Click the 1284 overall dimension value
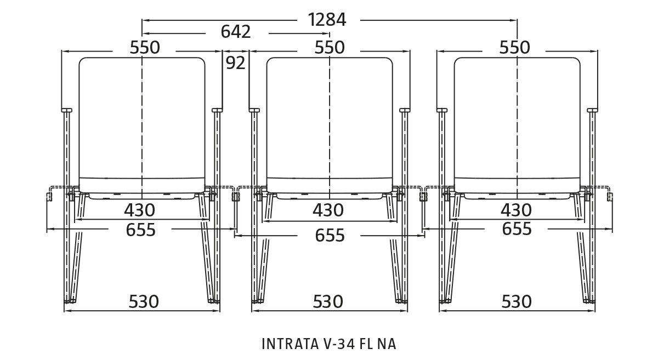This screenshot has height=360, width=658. click(x=327, y=20)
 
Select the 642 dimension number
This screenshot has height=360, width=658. click(x=236, y=32)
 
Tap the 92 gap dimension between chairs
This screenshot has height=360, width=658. click(x=236, y=64)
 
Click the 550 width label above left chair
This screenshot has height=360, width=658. click(x=145, y=48)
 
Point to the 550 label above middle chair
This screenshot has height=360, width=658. click(x=329, y=48)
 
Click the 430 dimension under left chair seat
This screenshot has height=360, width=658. click(x=139, y=210)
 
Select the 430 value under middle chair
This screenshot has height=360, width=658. click(x=328, y=210)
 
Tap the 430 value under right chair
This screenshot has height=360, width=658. click(x=516, y=210)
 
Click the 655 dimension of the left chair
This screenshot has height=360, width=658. click(x=141, y=230)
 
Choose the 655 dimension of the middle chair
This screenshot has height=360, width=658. click(x=330, y=236)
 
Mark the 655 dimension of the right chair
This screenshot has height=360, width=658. click(x=517, y=229)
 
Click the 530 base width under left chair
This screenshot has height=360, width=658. click(x=144, y=301)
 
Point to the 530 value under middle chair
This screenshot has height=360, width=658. click(x=328, y=301)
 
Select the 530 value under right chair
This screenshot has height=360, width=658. click(x=517, y=301)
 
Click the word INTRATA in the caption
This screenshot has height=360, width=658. click(x=287, y=344)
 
